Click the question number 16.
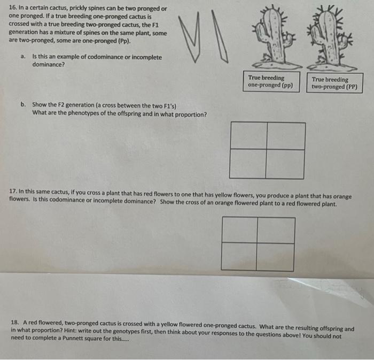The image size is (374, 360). tap(13, 9)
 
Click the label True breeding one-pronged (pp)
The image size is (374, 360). tap(270, 81)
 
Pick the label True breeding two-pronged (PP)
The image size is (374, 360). tap(334, 83)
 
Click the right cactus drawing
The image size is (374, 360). tap(332, 37)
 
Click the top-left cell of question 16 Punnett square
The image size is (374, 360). tap(248, 136)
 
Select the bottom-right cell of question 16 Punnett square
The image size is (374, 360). tap(286, 164)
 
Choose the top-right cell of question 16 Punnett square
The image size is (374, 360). tap(286, 136)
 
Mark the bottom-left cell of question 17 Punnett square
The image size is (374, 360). tap(239, 256)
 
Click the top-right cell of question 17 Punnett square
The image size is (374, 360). tap(276, 230)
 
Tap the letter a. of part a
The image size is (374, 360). tap(23, 57)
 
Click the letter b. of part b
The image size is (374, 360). tap(24, 105)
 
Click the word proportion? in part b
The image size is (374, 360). tap(189, 113)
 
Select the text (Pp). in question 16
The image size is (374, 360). tap(121, 41)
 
